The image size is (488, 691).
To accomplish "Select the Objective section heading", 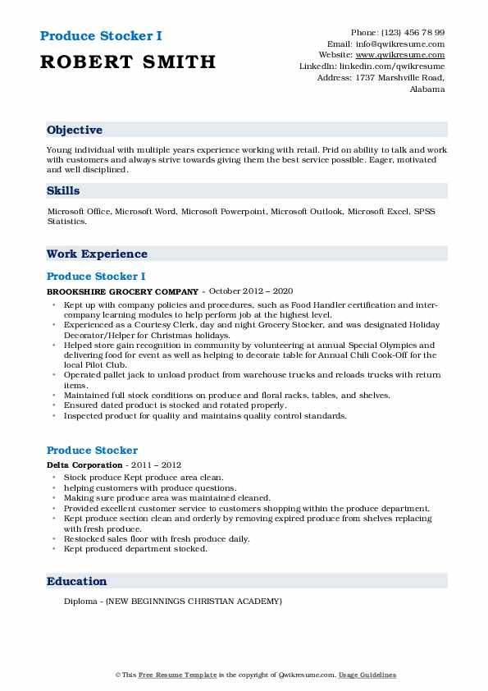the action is [75, 130].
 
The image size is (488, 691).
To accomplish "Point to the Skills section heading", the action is [63, 190].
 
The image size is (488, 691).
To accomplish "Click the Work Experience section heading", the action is [97, 254].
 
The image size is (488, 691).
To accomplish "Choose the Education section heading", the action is [77, 581].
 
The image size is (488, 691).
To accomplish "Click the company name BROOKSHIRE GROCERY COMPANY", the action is [123, 291].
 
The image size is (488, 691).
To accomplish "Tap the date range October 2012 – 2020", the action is [251, 291].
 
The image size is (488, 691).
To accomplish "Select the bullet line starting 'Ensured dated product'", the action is [175, 405].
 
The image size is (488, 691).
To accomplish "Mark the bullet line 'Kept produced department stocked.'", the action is [135, 548].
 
